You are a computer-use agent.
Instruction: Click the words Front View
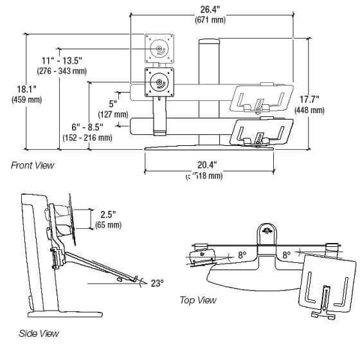pyautogui.click(x=32, y=165)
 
